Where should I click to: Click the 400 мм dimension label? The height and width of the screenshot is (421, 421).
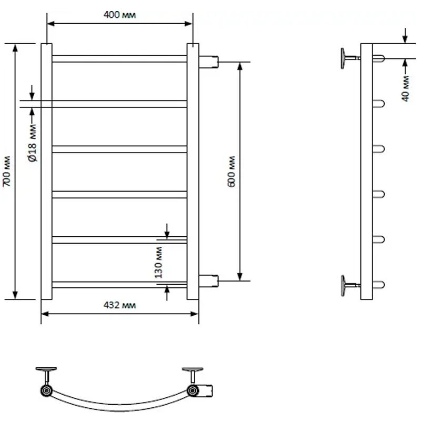pyautogui.click(x=119, y=15)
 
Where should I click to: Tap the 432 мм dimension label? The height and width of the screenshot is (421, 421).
pyautogui.click(x=119, y=305)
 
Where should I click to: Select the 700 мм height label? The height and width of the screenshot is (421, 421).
pyautogui.click(x=6, y=171)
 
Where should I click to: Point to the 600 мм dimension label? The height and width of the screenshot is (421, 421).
pyautogui.click(x=231, y=172)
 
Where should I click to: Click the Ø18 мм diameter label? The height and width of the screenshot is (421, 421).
pyautogui.click(x=33, y=143)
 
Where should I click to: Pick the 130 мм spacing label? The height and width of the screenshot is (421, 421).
pyautogui.click(x=158, y=262)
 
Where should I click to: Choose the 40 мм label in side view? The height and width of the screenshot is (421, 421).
pyautogui.click(x=406, y=88)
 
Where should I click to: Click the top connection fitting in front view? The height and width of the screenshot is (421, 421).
pyautogui.click(x=208, y=62)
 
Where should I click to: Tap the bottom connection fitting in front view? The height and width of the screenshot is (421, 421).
pyautogui.click(x=208, y=281)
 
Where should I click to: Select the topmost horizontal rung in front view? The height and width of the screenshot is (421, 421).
pyautogui.click(x=119, y=58)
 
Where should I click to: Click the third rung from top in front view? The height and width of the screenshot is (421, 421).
pyautogui.click(x=119, y=149)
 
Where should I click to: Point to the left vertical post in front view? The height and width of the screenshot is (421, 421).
pyautogui.click(x=46, y=172)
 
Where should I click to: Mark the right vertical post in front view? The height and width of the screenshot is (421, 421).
pyautogui.click(x=193, y=172)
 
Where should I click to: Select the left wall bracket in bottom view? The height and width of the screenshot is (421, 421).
pyautogui.click(x=46, y=375)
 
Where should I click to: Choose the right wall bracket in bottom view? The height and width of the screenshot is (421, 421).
pyautogui.click(x=193, y=375)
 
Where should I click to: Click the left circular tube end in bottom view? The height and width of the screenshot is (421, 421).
pyautogui.click(x=46, y=390)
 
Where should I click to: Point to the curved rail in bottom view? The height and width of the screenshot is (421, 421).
pyautogui.click(x=119, y=407)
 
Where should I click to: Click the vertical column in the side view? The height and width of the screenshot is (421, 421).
pyautogui.click(x=366, y=172)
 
